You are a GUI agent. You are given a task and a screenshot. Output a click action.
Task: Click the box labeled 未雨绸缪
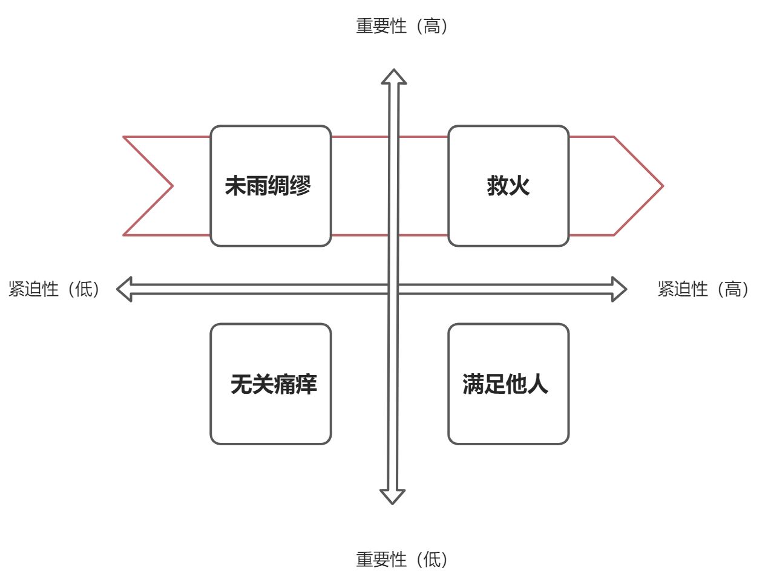click(x=271, y=186)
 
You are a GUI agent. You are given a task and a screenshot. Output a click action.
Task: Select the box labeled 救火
click(x=508, y=186)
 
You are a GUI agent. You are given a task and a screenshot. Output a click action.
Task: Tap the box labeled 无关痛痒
click(x=271, y=384)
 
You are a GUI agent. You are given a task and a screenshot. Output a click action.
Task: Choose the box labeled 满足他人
click(x=508, y=384)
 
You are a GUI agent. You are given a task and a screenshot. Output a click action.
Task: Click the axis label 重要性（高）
click(x=402, y=26)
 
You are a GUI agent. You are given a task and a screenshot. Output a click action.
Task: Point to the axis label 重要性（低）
click(x=402, y=560)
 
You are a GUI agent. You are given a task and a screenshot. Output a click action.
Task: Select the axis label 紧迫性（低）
click(x=54, y=289)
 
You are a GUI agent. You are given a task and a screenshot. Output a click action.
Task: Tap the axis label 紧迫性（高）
click(x=703, y=289)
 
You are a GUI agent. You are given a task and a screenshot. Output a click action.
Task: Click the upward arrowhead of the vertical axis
click(x=393, y=77)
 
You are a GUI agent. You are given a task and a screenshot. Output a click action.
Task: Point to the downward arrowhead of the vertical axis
click(x=392, y=496)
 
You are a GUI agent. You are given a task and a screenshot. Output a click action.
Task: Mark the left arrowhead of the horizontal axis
click(x=125, y=289)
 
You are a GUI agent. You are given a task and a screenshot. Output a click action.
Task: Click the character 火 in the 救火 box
click(x=519, y=186)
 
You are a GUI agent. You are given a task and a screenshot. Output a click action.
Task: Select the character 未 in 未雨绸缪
click(x=235, y=186)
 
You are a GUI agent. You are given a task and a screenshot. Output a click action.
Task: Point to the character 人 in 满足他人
click(x=538, y=384)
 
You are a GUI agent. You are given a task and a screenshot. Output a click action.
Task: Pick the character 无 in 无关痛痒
click(x=241, y=384)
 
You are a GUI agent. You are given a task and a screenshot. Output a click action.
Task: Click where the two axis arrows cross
click(x=393, y=289)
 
